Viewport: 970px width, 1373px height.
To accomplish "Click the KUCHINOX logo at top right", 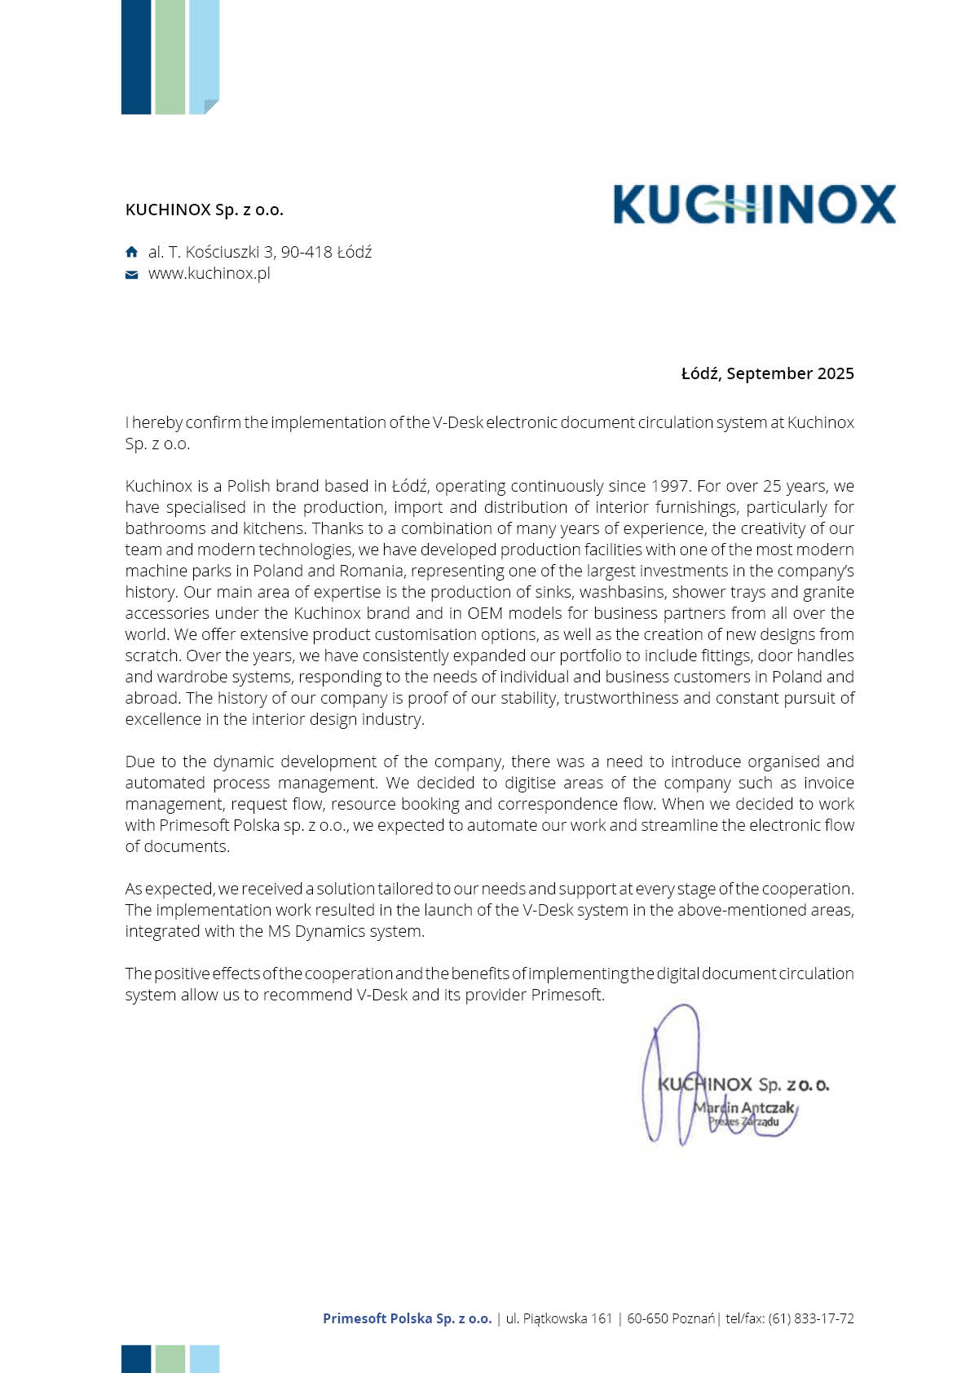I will click(x=754, y=204).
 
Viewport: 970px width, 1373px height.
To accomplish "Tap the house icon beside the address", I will click(x=132, y=252).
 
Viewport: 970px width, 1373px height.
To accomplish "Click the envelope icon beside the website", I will click(x=132, y=274).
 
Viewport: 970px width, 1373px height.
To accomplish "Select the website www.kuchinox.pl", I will click(x=209, y=273).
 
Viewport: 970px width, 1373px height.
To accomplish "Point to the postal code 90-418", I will click(x=306, y=252).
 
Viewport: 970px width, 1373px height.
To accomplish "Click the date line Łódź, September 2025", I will click(x=767, y=373).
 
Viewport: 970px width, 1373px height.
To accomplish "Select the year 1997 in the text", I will click(x=669, y=486).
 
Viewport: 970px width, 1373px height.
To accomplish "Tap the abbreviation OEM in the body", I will click(x=484, y=613).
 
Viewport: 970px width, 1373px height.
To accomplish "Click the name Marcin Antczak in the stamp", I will click(x=744, y=1107).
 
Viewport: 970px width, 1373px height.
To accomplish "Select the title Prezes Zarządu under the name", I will click(x=743, y=1122).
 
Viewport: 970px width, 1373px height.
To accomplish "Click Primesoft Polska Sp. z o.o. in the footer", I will click(x=407, y=1318).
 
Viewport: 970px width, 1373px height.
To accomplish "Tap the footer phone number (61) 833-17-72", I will click(x=811, y=1318).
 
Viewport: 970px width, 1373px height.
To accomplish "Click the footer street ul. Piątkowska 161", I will click(x=558, y=1318).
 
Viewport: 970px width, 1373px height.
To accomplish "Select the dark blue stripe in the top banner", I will click(x=135, y=57).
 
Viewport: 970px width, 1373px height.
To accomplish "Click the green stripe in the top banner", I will click(x=170, y=57).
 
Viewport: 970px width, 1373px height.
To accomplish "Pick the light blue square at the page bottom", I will click(x=204, y=1358).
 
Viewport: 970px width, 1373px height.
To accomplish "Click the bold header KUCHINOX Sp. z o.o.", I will click(x=204, y=210).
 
